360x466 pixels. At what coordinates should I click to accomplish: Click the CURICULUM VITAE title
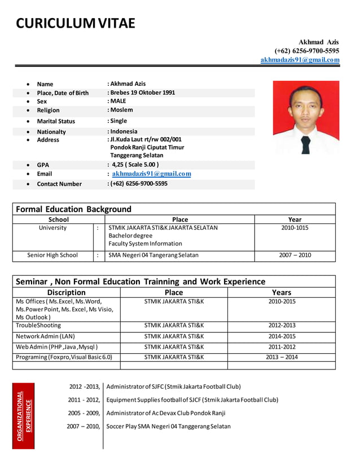[76, 23]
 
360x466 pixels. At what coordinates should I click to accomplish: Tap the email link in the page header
[300, 60]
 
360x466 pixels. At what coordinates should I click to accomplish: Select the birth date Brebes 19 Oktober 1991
[142, 93]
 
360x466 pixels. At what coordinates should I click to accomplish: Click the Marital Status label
[56, 121]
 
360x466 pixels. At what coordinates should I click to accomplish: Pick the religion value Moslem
[121, 110]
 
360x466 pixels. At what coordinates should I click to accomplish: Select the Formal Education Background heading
[74, 209]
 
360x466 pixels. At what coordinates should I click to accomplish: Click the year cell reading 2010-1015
[295, 228]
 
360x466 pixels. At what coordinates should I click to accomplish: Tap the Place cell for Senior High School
[153, 255]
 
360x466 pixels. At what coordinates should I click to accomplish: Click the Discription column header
[67, 292]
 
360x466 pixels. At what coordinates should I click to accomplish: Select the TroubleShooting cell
[38, 326]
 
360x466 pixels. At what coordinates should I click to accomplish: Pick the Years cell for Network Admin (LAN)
[282, 336]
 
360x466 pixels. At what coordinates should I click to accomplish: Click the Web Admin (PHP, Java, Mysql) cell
[57, 347]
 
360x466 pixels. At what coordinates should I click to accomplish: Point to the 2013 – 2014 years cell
[282, 357]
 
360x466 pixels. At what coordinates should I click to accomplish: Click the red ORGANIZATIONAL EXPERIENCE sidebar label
[24, 415]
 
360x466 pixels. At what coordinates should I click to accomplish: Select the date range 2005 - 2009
[84, 413]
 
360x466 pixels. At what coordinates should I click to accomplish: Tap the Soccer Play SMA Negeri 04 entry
[168, 427]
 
